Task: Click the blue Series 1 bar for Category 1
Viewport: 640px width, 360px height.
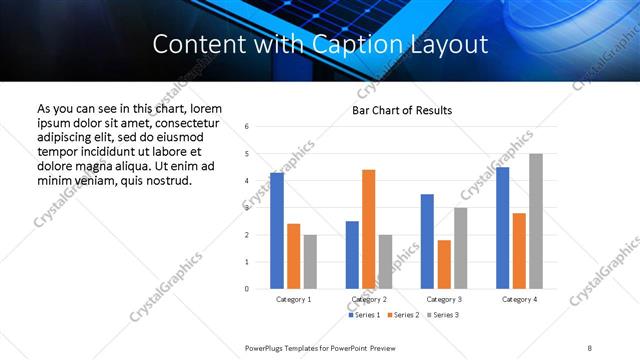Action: coord(277,231)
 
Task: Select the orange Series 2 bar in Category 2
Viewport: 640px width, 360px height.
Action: coord(368,229)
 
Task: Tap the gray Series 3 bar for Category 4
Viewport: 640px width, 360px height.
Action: coord(535,221)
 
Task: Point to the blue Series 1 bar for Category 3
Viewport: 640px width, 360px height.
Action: coord(427,241)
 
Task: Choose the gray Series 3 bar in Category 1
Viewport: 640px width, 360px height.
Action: coord(310,262)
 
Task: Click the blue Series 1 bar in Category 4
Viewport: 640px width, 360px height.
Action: coord(502,228)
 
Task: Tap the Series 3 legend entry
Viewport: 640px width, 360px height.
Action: coord(444,315)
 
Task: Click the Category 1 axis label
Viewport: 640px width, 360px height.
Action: coord(293,299)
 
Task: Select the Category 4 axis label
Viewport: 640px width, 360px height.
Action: coord(519,299)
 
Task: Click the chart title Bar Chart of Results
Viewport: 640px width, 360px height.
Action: coord(402,110)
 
